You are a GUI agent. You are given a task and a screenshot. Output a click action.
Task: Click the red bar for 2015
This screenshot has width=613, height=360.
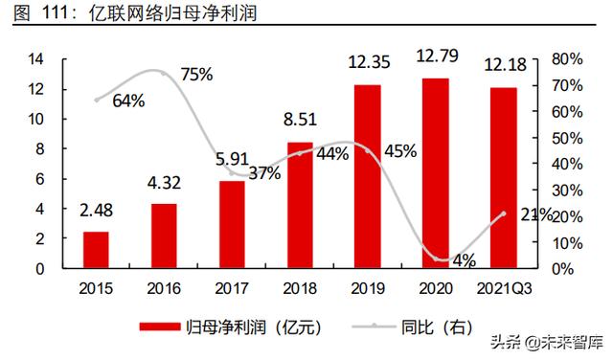(96, 250)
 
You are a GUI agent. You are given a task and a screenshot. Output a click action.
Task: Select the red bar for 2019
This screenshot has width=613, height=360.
(368, 176)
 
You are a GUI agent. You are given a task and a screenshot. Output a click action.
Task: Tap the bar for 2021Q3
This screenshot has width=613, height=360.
(504, 177)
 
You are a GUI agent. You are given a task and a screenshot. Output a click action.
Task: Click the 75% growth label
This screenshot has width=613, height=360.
(195, 76)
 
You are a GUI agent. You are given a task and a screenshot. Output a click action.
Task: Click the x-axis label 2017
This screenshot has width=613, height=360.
(232, 287)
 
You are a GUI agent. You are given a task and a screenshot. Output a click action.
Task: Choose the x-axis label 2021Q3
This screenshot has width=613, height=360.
(504, 287)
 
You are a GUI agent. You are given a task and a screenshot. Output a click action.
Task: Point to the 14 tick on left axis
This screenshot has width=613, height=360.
(36, 59)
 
